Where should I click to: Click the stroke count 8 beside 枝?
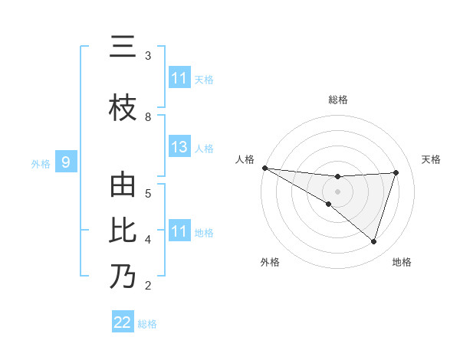148,116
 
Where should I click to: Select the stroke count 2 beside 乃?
148,286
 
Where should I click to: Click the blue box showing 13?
179,147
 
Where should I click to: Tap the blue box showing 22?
123,322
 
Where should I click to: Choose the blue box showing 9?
66,162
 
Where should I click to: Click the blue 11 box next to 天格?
179,78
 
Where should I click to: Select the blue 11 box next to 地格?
179,231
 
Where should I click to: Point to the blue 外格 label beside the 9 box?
41,163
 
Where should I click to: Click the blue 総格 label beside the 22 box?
147,324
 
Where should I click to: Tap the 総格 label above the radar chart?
337,100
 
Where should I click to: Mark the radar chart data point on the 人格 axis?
264,168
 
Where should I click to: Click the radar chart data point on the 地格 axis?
373,241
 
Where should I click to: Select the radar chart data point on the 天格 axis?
396,172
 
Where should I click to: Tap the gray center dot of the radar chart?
337,191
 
